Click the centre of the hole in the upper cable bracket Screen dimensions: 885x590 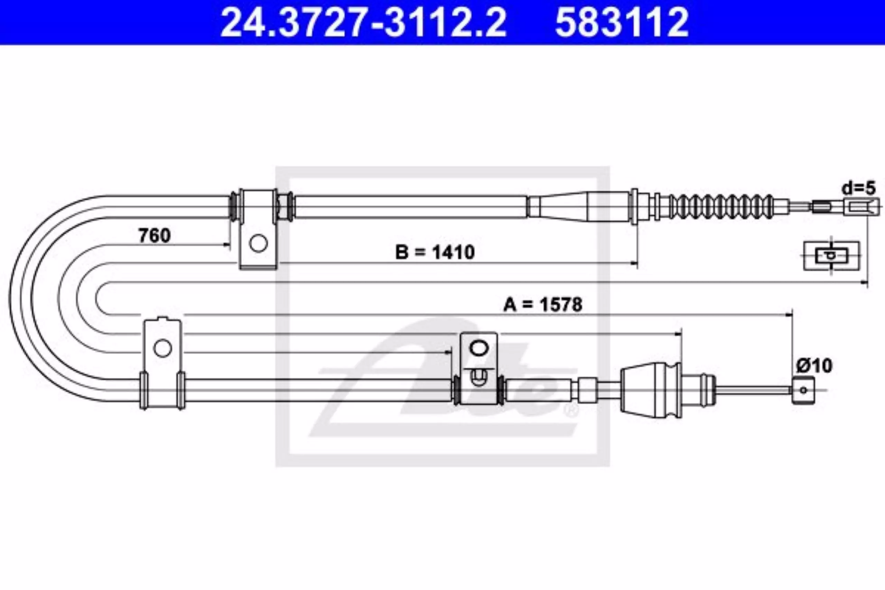(259, 243)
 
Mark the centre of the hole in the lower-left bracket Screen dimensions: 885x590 (162, 348)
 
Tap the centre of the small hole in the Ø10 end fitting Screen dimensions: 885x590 (803, 390)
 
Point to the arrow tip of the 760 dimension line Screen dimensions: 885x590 (230, 245)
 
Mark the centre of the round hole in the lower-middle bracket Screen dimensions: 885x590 (478, 348)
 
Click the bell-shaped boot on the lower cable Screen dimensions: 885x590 (650, 390)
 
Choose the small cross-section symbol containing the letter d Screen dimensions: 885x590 (831, 256)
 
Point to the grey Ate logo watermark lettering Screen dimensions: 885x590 (444, 380)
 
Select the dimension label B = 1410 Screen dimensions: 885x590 (435, 252)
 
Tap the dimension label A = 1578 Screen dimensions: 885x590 (543, 305)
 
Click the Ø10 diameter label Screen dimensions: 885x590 (814, 365)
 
